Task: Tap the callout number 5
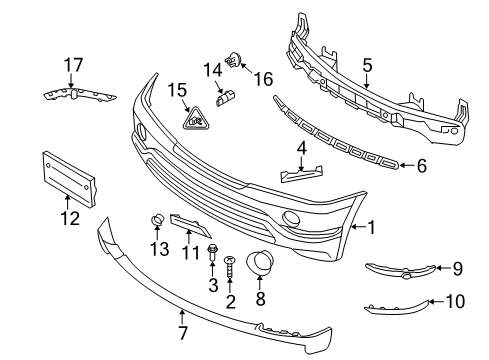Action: pos(367,65)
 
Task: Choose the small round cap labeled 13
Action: pos(156,221)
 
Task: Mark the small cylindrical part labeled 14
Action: pos(226,96)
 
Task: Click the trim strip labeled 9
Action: pos(400,267)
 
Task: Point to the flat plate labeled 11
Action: pos(190,227)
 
